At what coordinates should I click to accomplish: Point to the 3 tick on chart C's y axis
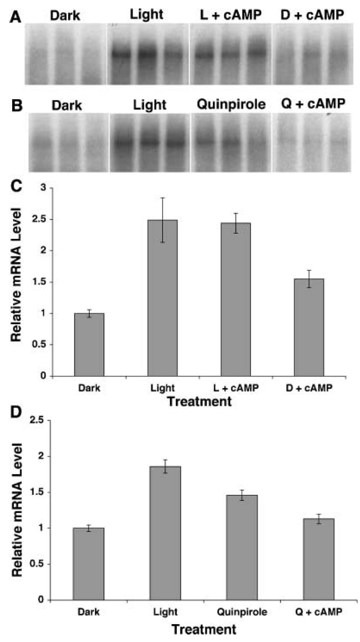click(45, 188)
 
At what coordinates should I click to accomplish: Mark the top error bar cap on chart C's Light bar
click(163, 198)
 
